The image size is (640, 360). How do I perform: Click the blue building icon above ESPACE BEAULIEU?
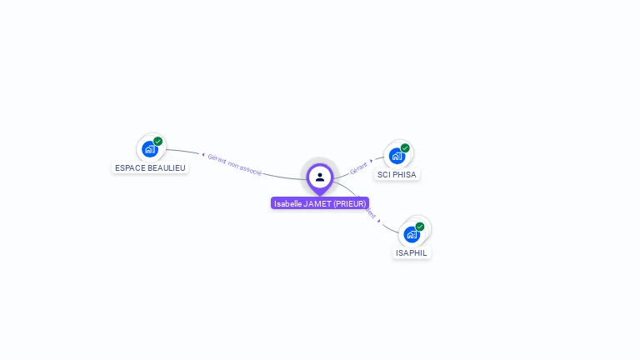[x=149, y=149]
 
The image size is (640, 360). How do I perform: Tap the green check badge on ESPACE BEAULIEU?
[x=158, y=142]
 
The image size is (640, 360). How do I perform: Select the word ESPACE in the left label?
[x=129, y=167]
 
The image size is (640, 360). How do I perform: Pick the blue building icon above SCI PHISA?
[x=397, y=156]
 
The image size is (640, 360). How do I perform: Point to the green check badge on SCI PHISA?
[x=405, y=148]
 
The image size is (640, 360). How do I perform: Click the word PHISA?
[x=405, y=175]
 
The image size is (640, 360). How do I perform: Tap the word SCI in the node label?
[x=384, y=175]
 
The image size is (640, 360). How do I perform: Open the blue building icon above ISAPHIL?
[x=412, y=234]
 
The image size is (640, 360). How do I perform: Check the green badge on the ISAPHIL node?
[x=420, y=227]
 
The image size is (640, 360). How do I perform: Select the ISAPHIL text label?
[x=412, y=252]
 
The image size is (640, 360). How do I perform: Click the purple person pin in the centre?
[x=320, y=177]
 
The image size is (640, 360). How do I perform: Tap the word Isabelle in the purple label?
[x=287, y=203]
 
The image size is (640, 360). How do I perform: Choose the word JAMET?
[x=317, y=203]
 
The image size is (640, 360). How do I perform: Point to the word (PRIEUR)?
[x=350, y=203]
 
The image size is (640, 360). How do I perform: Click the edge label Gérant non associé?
[x=235, y=164]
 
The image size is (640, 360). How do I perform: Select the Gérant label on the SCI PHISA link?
[x=358, y=167]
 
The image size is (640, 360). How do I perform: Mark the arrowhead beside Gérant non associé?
[x=202, y=154]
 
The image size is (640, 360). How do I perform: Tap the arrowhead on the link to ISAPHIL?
[x=379, y=221]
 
